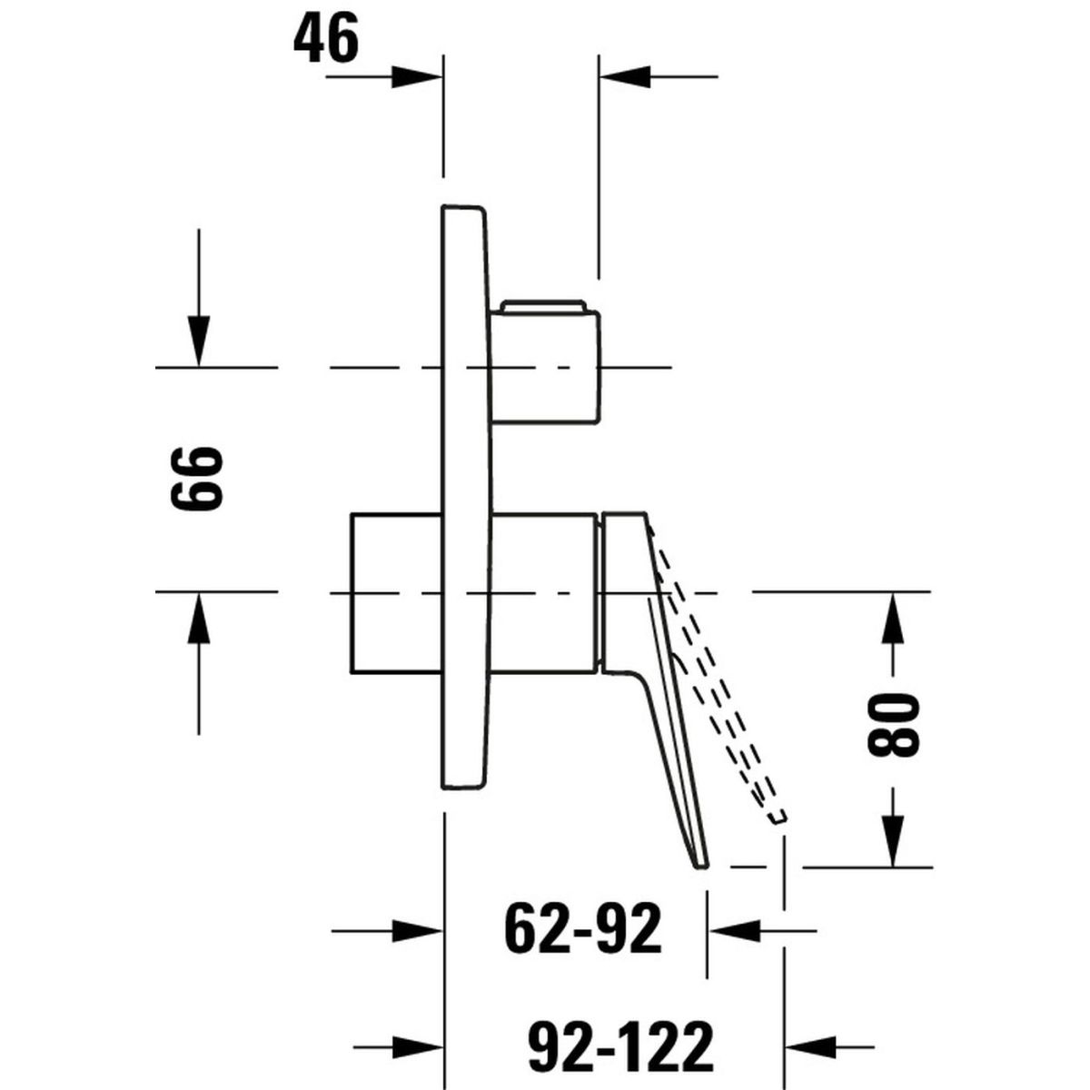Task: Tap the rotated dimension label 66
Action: click(x=197, y=478)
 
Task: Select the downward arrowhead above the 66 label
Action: click(x=199, y=341)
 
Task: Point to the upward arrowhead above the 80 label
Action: click(x=893, y=617)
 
